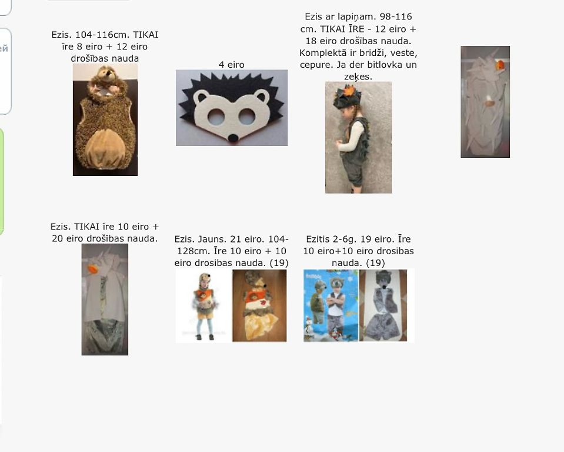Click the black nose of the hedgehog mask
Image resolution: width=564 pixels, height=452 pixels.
233,138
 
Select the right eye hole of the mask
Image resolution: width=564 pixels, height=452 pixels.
247,117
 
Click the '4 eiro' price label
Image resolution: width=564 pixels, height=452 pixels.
231,64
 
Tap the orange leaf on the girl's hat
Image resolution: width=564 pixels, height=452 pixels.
348,90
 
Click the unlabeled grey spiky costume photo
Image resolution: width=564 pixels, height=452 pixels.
485,101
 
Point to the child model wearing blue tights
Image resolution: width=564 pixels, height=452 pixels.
204,306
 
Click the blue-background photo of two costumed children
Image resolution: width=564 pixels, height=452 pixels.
331,305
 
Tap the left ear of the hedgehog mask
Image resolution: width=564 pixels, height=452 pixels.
201,97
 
